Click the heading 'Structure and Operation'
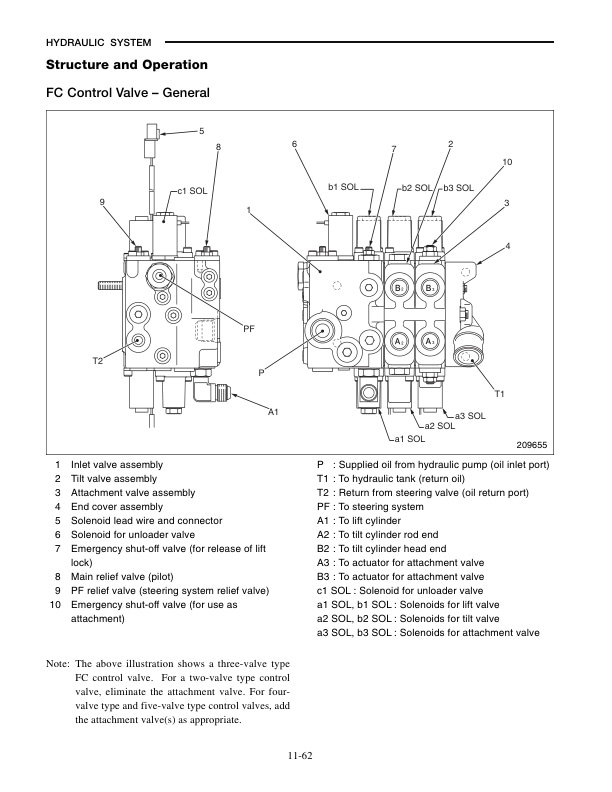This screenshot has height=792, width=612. point(127,65)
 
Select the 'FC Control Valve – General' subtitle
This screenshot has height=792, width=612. point(127,94)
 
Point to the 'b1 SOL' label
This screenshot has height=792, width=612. point(342,186)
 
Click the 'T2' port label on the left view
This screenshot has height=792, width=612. point(99,359)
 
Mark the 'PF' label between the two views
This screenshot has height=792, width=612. point(250,328)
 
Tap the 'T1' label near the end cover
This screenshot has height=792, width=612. point(501,393)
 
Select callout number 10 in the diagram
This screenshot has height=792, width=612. point(507,162)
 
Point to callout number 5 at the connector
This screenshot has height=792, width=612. point(201,131)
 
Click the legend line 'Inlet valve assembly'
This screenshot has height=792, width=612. point(117,465)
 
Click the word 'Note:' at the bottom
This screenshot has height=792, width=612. point(58,663)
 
